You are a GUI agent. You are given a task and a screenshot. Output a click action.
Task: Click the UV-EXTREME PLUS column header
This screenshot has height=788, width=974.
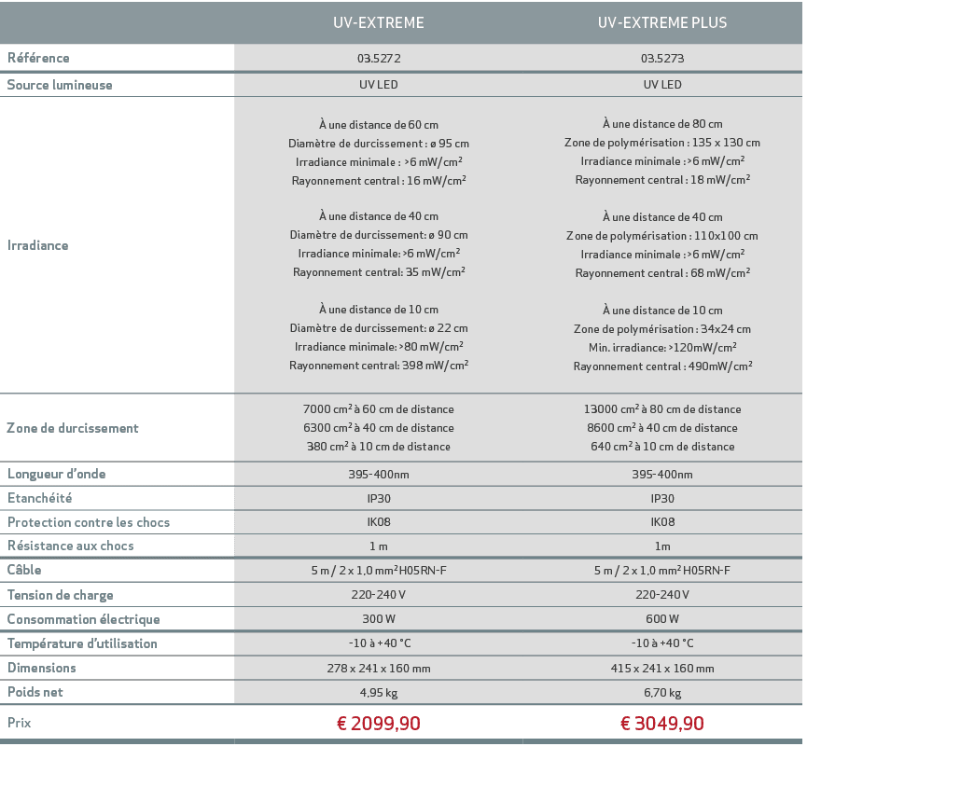(x=661, y=22)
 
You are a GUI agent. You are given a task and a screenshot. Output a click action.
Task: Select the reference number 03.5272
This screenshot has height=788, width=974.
(x=379, y=59)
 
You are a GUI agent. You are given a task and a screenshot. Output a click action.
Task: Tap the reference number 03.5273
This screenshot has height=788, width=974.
(x=662, y=59)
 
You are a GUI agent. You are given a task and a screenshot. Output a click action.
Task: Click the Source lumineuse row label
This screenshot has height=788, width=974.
(x=60, y=85)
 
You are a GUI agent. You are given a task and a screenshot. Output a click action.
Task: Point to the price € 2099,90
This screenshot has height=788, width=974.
(x=379, y=724)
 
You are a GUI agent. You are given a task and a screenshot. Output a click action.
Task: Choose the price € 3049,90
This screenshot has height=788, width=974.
(x=662, y=724)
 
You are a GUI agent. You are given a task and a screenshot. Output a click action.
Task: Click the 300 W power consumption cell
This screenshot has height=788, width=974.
(x=379, y=619)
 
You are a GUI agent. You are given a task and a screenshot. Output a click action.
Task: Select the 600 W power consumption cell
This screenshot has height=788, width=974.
(x=662, y=619)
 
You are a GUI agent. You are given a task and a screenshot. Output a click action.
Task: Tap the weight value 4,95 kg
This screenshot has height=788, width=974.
(x=379, y=693)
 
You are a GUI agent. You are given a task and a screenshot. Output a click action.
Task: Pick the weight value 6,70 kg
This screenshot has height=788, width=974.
(x=662, y=693)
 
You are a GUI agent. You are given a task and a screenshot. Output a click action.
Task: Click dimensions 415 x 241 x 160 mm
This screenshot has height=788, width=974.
(x=662, y=669)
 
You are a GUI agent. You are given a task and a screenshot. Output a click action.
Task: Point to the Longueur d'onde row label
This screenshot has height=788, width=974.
(x=57, y=474)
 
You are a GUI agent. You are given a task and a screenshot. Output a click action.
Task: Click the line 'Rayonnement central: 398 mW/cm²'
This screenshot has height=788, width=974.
(x=379, y=366)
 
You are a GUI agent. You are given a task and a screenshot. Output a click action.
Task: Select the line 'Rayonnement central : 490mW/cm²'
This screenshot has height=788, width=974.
(x=662, y=366)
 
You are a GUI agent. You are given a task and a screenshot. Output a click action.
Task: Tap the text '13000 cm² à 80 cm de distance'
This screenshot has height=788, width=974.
(x=662, y=409)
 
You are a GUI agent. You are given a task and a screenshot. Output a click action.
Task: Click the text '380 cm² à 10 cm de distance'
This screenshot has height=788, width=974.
(x=379, y=447)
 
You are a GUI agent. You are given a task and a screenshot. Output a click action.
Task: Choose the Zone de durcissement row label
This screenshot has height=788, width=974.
(x=73, y=428)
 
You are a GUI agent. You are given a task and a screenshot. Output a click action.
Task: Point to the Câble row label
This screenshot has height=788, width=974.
(x=24, y=570)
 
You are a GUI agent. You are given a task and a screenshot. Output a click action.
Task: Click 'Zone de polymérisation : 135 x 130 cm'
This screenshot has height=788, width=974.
(x=662, y=143)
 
